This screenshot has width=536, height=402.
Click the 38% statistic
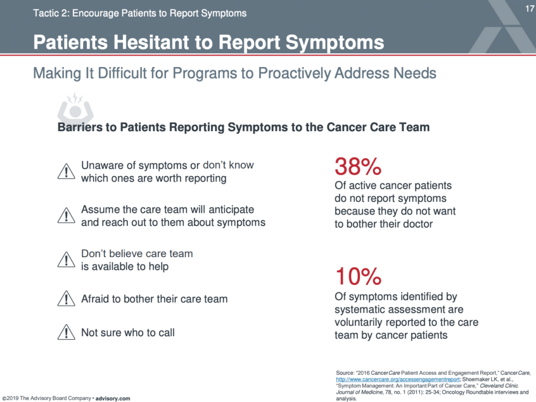(358, 166)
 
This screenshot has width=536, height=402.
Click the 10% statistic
(358, 276)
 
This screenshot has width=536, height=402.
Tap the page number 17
(530, 8)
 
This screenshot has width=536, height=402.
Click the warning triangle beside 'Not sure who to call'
(66, 332)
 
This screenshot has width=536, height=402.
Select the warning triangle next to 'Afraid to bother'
(66, 298)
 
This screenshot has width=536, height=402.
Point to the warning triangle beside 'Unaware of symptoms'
(66, 171)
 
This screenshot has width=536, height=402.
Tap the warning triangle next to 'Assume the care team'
(66, 215)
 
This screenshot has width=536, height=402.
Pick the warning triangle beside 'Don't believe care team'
(66, 260)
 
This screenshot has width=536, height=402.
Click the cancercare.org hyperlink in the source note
(398, 379)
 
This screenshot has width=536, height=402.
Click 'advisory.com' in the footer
(113, 398)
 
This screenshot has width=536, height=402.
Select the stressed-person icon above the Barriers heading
(75, 106)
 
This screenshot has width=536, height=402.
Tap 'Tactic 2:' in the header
(51, 13)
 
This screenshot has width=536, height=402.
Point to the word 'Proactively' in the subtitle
(294, 73)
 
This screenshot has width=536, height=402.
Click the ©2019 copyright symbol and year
(10, 398)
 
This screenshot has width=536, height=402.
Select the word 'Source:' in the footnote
(345, 373)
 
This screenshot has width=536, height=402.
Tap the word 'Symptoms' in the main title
(334, 43)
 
